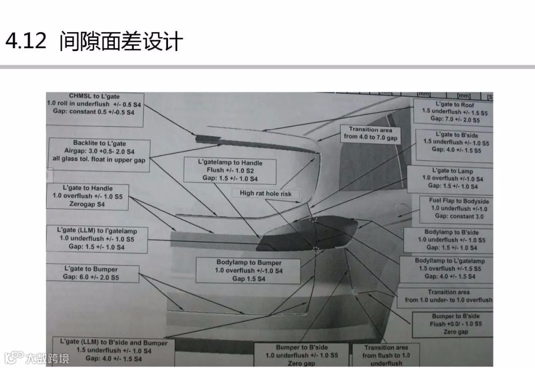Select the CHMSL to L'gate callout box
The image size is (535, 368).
[x=94, y=104]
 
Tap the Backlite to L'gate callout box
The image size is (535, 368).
[x=100, y=152]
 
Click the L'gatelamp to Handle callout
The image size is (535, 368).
[x=230, y=171]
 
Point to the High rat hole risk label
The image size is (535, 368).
[x=266, y=193]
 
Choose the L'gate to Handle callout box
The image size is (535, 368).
[x=88, y=196]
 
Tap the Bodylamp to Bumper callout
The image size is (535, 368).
[x=249, y=271]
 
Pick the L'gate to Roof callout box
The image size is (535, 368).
[x=454, y=112]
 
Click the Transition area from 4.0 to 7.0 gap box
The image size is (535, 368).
[x=371, y=134]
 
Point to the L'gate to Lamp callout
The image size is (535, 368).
[x=452, y=179]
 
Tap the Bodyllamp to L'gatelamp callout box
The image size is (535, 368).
[x=449, y=268]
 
